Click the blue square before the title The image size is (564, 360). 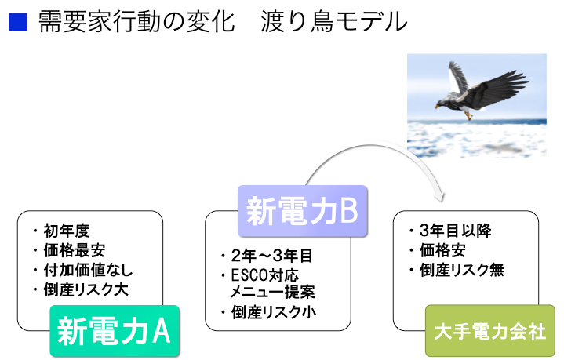point(18,22)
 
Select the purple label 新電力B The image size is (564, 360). point(303,210)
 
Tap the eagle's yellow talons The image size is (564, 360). point(469,115)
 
